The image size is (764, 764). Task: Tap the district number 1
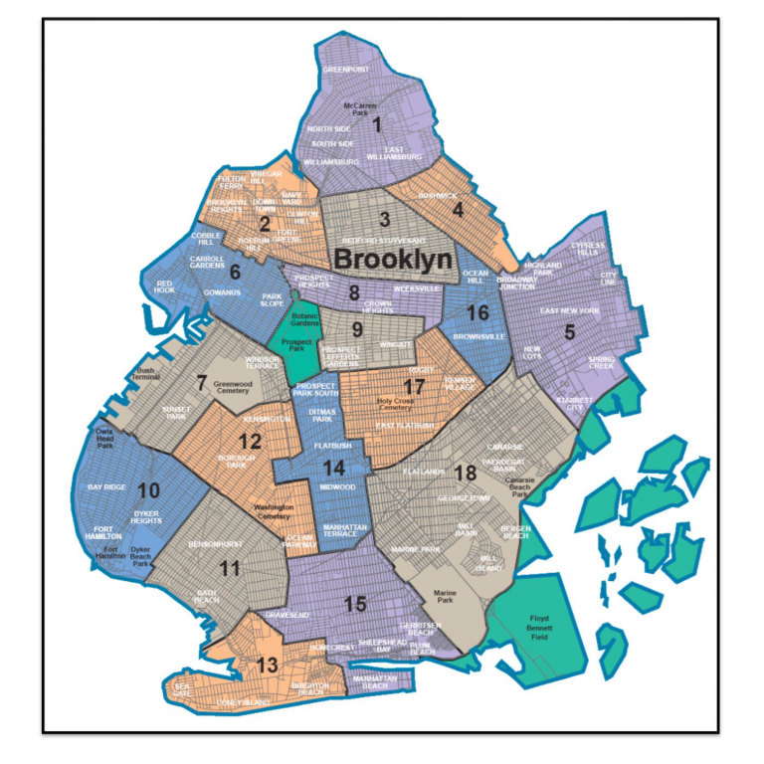tap(376, 124)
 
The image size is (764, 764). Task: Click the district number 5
tap(570, 332)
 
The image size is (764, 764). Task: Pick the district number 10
tap(148, 489)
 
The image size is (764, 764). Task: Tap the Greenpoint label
tap(345, 70)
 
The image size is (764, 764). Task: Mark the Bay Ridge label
tap(107, 487)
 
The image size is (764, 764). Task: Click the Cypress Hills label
tap(583, 249)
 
